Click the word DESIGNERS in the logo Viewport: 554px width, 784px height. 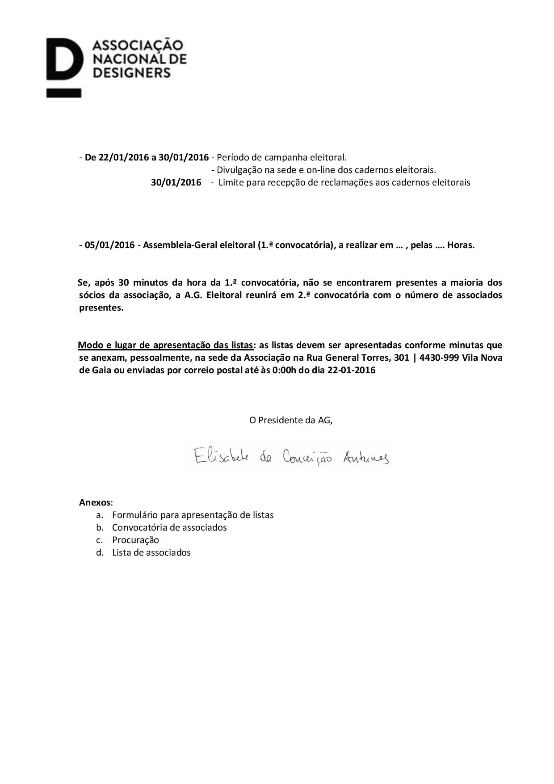pyautogui.click(x=131, y=72)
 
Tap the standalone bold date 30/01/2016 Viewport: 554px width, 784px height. pyautogui.click(x=176, y=182)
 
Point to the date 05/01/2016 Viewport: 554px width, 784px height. pyautogui.click(x=109, y=245)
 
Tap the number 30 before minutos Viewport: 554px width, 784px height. pyautogui.click(x=124, y=282)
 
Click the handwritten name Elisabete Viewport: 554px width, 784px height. pyautogui.click(x=221, y=457)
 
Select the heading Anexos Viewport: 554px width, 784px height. pyautogui.click(x=95, y=502)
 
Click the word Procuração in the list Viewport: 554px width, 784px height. pyautogui.click(x=135, y=540)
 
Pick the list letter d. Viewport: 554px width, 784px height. pyautogui.click(x=100, y=552)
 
